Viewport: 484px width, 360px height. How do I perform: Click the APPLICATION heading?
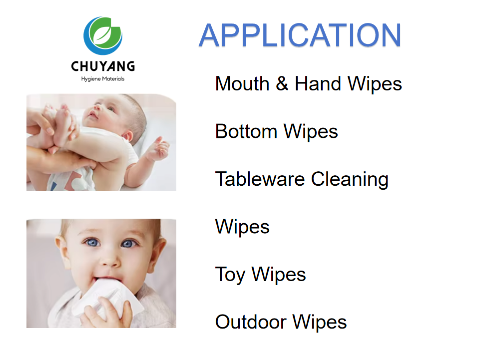(300, 35)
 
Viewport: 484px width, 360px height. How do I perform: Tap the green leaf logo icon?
(103, 35)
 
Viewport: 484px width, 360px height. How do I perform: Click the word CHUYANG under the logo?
(103, 66)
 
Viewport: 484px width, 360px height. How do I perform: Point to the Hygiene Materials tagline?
(103, 79)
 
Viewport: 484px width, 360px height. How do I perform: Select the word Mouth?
(242, 83)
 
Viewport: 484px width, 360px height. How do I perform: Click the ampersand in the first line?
(282, 83)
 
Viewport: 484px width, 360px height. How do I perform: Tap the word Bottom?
(246, 131)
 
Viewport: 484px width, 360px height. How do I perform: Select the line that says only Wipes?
(242, 227)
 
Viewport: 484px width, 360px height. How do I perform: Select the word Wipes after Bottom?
(311, 131)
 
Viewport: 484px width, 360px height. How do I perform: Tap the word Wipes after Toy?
(279, 275)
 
